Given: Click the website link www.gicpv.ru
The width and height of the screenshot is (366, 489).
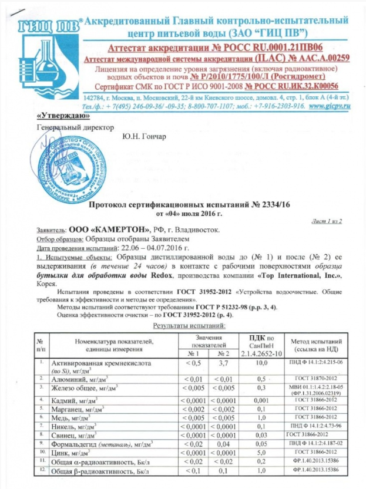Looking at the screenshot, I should pos(330,106).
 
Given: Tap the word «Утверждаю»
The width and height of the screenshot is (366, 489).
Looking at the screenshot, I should pos(59,116).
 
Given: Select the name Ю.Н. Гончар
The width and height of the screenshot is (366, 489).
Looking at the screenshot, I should pos(145,137).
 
